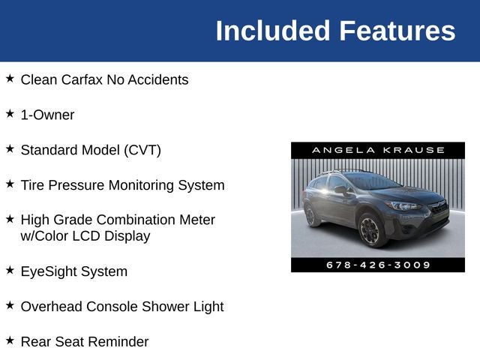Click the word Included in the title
click(272, 31)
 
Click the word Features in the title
click(397, 31)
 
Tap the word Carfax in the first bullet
click(91, 79)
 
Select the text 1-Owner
click(47, 115)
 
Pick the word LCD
click(91, 236)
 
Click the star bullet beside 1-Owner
click(10, 114)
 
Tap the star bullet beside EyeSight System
click(10, 270)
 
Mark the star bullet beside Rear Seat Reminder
click(10, 340)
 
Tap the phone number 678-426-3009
click(378, 265)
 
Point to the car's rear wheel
click(311, 216)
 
